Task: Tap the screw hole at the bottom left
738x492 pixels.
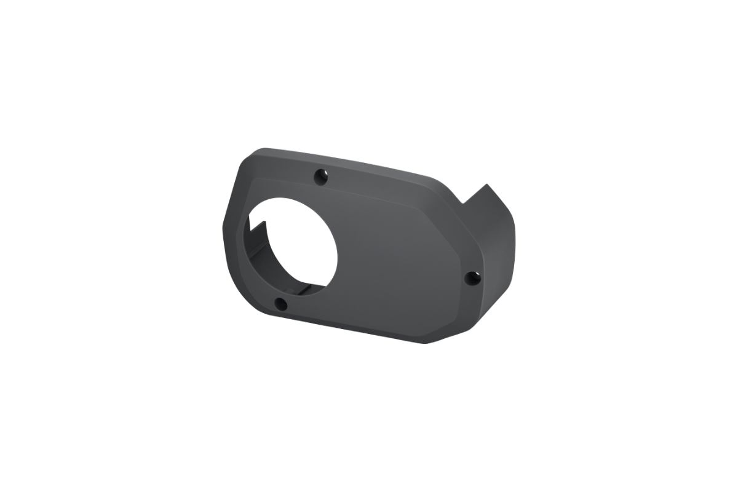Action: point(280,303)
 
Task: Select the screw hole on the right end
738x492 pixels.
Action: point(472,278)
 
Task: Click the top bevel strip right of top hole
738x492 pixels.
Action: point(381,181)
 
